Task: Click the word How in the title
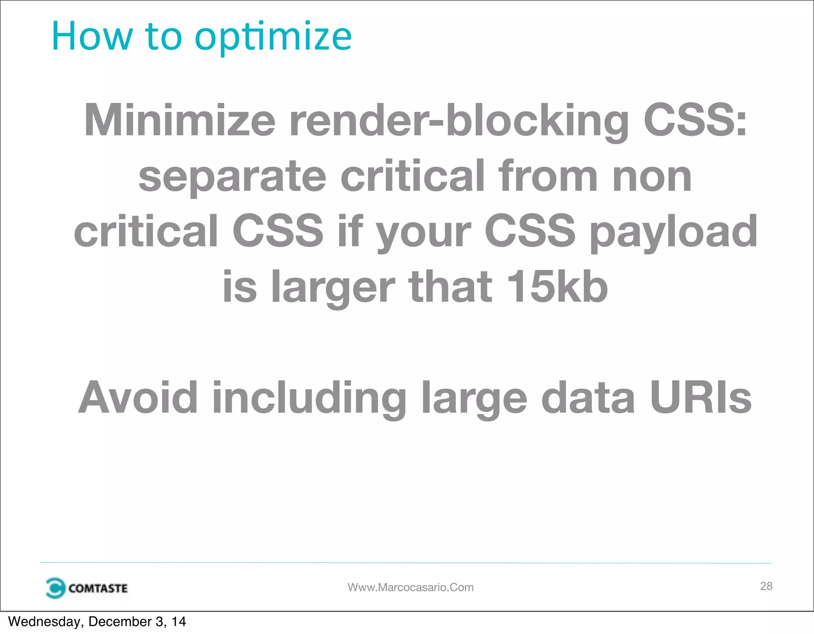tap(92, 37)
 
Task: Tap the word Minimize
tap(180, 120)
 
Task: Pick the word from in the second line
tap(548, 176)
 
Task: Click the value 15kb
tap(557, 287)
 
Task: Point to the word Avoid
tap(138, 398)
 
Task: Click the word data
tap(588, 398)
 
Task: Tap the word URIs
tap(700, 398)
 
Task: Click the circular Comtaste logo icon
tap(55, 588)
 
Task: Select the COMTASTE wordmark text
tap(98, 588)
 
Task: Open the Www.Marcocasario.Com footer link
tap(411, 587)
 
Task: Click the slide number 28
tap(766, 586)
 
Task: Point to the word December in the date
tap(120, 622)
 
